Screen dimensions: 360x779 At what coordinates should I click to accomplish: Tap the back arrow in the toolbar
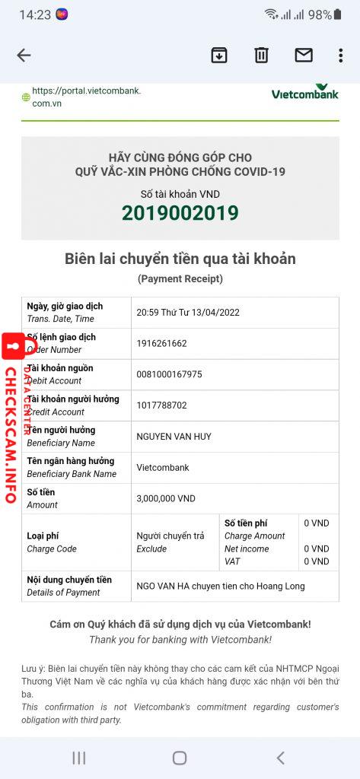[x=24, y=55]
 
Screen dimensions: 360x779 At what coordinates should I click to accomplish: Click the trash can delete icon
[x=261, y=55]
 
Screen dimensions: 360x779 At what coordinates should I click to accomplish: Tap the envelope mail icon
[x=304, y=55]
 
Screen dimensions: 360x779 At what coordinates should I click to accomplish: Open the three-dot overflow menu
[x=340, y=55]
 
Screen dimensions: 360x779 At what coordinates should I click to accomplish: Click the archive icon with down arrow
[x=219, y=55]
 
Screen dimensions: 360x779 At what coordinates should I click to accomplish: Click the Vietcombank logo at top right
[x=305, y=92]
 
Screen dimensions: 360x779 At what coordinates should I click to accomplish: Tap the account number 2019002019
[x=180, y=214]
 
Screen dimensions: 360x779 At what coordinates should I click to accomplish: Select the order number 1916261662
[x=161, y=343]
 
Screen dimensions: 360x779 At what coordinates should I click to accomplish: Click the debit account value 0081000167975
[x=169, y=374]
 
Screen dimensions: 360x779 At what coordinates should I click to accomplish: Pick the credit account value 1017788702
[x=161, y=405]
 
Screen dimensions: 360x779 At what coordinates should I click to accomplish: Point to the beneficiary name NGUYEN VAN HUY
[x=174, y=437]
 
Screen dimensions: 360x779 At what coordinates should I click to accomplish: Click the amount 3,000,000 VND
[x=165, y=498]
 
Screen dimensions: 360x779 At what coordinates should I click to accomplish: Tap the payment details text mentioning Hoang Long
[x=220, y=586]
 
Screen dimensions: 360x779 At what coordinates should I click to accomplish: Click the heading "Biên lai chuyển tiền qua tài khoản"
[x=180, y=259]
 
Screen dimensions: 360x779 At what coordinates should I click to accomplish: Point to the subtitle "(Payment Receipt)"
[x=180, y=279]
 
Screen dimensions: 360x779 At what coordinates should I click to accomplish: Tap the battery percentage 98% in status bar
[x=320, y=14]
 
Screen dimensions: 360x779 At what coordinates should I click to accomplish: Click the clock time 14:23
[x=34, y=14]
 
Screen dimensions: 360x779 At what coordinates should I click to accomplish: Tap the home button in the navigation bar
[x=180, y=758]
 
